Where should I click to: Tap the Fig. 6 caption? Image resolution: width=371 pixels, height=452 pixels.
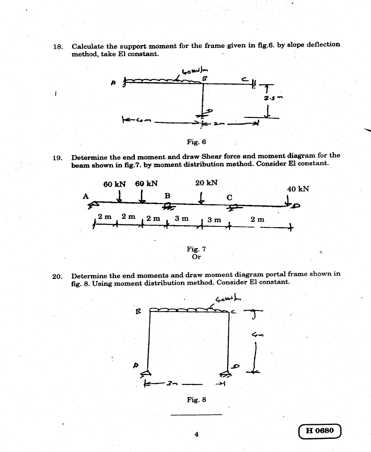(x=196, y=142)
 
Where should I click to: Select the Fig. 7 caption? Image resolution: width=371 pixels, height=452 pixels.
(x=196, y=249)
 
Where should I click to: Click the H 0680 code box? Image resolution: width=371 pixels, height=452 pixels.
(x=320, y=431)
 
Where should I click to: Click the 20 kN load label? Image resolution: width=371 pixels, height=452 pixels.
(x=207, y=183)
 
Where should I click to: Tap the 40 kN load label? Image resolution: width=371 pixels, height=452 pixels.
(x=298, y=189)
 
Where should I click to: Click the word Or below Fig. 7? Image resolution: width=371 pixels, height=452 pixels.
(x=196, y=257)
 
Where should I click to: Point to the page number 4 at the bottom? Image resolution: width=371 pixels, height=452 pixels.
(x=197, y=434)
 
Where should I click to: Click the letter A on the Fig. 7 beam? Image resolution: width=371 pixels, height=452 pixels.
(x=86, y=196)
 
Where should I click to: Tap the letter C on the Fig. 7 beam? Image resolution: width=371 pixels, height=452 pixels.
(x=230, y=197)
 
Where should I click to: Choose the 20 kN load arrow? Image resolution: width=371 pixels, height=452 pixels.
(x=200, y=197)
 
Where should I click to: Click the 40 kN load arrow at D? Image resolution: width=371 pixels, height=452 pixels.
(x=289, y=200)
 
